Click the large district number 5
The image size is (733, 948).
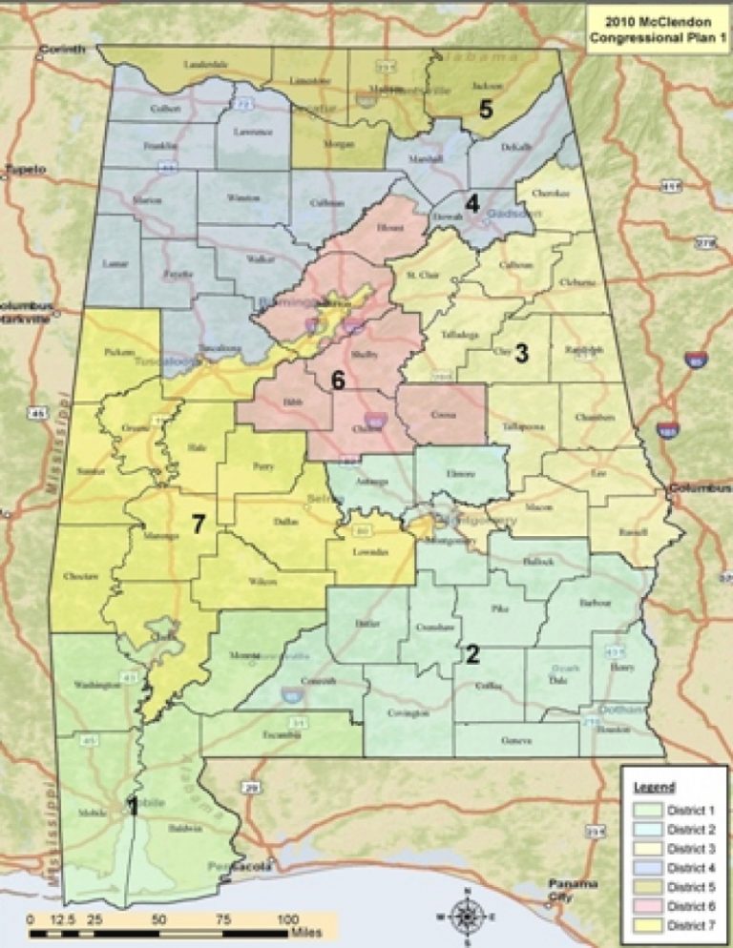[486, 110]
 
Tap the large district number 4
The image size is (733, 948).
[471, 203]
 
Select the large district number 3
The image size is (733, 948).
[521, 353]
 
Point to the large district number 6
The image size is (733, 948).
[338, 380]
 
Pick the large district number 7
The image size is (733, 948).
[198, 524]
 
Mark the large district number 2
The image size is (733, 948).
[471, 654]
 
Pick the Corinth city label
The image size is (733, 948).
[61, 49]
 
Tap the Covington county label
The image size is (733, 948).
[402, 711]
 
